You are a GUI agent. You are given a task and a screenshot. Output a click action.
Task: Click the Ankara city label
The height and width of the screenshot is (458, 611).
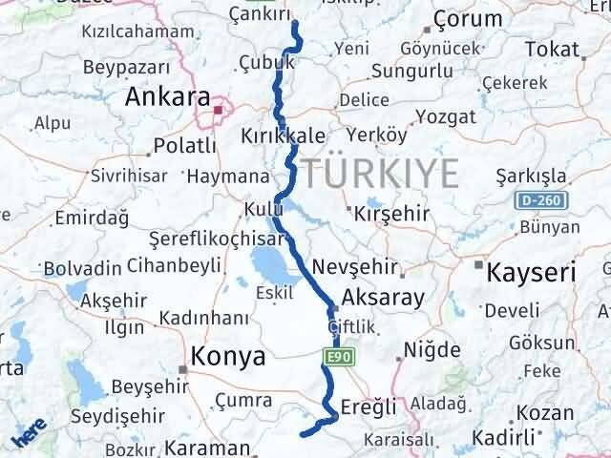(168, 97)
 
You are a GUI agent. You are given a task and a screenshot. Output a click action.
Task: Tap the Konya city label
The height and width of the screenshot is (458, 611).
(228, 357)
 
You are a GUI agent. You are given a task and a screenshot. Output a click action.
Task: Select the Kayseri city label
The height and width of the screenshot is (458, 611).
(532, 273)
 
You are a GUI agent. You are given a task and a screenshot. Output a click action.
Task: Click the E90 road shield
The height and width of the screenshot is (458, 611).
(333, 357)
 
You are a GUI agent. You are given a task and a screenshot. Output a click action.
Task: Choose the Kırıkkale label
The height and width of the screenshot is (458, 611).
(284, 135)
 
